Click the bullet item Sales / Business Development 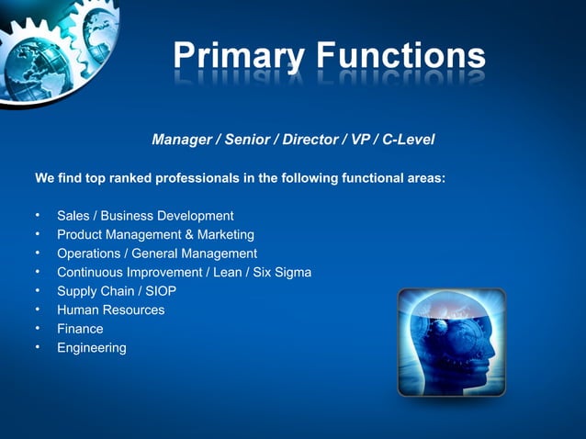(x=145, y=216)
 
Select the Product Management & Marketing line (x=155, y=235)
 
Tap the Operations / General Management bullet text (x=157, y=253)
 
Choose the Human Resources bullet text (x=111, y=310)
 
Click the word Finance (x=80, y=329)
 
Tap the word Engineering (x=92, y=348)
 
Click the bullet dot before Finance (x=38, y=329)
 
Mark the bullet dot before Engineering (x=38, y=347)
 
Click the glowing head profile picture (x=451, y=342)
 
